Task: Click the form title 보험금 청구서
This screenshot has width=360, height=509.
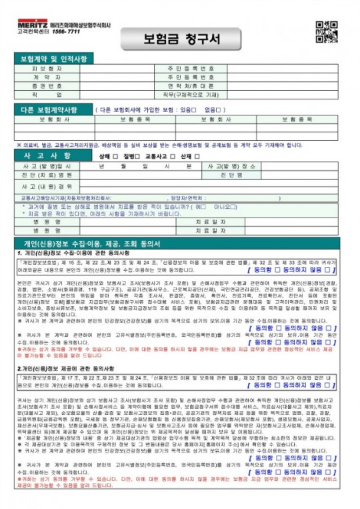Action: click(x=181, y=37)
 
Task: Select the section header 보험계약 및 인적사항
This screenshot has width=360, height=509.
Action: click(x=54, y=60)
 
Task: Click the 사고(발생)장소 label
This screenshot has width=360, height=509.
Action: click(x=231, y=165)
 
